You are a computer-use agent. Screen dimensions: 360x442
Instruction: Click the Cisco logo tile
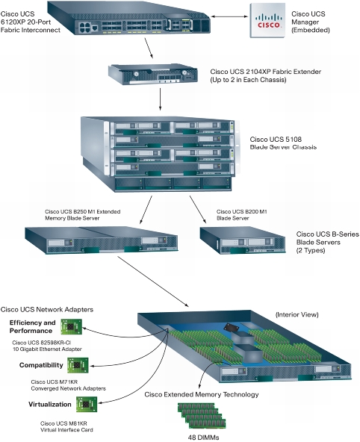(267, 21)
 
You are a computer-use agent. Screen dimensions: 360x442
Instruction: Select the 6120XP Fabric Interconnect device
(128, 18)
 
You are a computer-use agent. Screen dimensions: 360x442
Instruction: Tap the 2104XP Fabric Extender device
(153, 74)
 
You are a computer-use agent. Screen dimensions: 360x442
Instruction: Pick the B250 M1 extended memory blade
(102, 240)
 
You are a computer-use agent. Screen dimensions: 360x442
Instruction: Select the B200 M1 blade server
(243, 240)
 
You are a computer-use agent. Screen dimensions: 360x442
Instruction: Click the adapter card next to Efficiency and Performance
(71, 327)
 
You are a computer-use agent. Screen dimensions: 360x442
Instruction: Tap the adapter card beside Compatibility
(78, 365)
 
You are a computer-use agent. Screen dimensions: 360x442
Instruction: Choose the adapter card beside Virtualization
(87, 404)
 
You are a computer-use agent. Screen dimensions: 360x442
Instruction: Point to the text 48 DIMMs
(203, 438)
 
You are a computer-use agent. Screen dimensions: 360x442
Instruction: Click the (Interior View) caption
(297, 314)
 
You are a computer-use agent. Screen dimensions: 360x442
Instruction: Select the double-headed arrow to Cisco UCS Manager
(229, 16)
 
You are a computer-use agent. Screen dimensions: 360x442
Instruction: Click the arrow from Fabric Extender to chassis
(160, 99)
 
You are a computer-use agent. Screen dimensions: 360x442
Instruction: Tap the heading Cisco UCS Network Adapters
(47, 310)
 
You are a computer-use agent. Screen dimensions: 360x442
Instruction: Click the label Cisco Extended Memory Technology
(202, 394)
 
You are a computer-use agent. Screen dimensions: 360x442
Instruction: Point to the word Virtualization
(50, 405)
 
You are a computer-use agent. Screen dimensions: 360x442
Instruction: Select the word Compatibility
(41, 365)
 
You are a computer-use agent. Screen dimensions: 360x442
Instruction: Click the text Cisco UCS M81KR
(63, 423)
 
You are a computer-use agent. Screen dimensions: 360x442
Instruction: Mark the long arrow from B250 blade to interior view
(153, 281)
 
